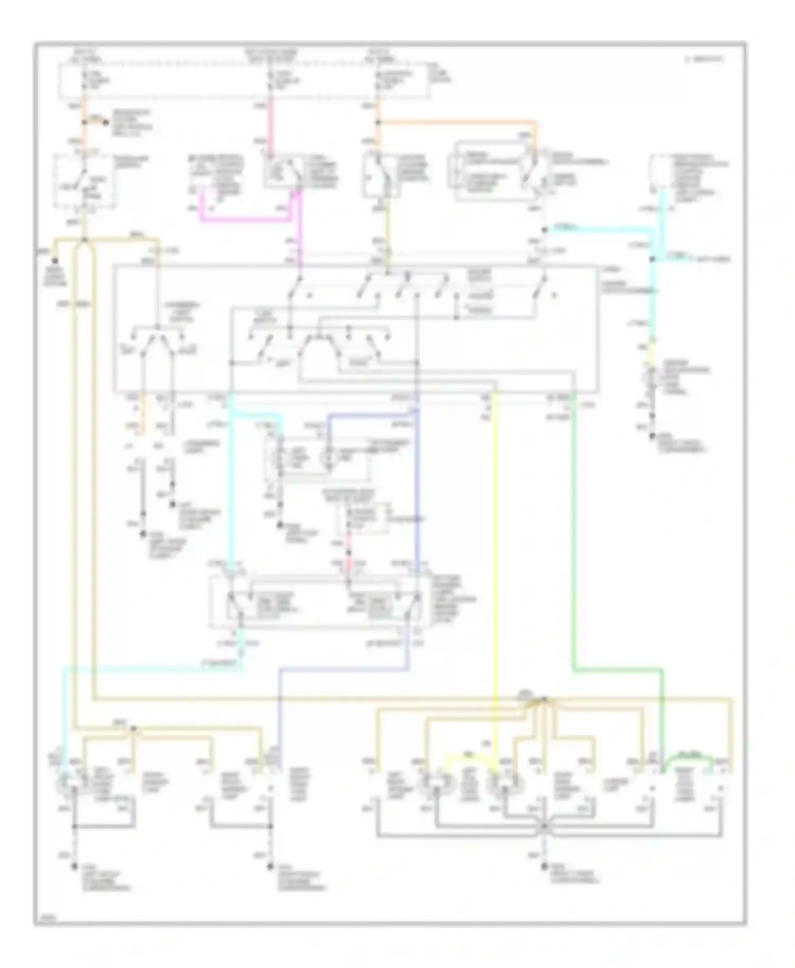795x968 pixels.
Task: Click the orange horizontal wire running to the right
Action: (456, 123)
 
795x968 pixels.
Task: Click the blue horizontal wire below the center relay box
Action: (344, 669)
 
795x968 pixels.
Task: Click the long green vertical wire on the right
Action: (573, 530)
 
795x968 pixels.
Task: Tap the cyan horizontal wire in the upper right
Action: (599, 229)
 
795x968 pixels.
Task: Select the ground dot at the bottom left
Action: (74, 867)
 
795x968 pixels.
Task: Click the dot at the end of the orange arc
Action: (106, 123)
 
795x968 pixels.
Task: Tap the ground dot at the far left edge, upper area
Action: (55, 261)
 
